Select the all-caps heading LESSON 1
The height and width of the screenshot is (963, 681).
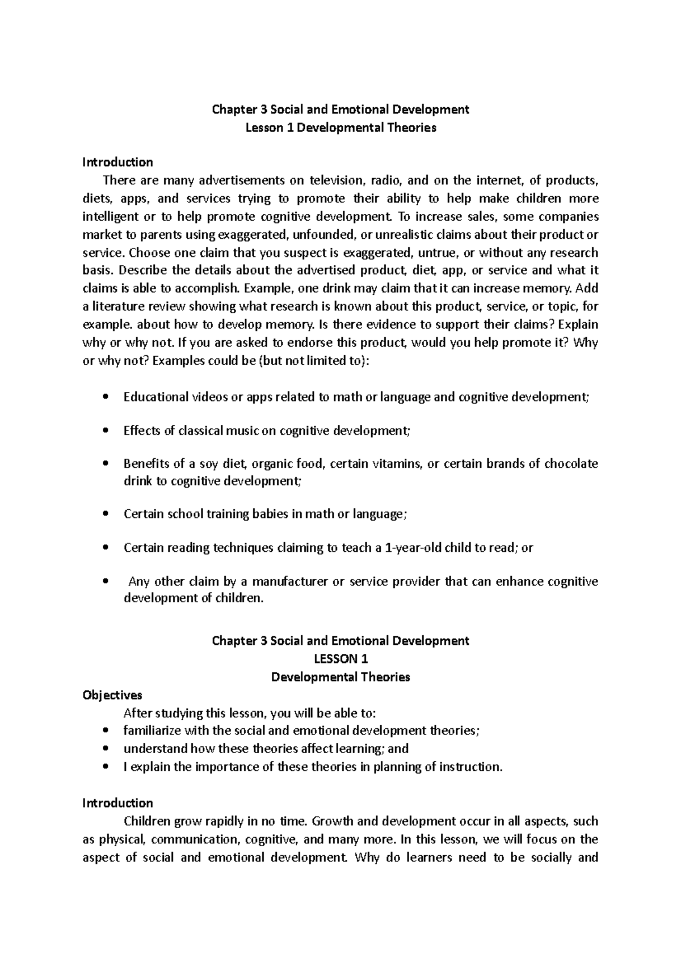click(340, 659)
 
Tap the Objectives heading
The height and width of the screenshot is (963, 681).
click(112, 695)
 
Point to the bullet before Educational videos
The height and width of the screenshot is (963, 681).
click(104, 398)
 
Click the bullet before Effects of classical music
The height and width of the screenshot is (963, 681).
click(104, 431)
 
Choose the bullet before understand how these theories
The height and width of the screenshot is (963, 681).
click(104, 749)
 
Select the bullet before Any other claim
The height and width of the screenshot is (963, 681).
click(104, 582)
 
